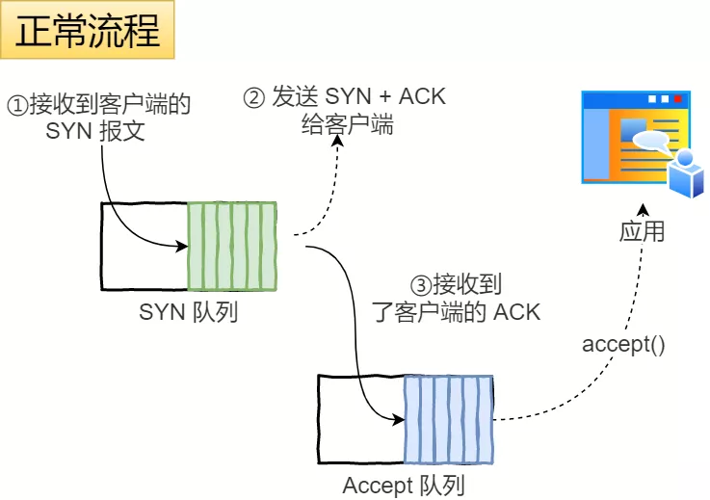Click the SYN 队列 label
coord(189,312)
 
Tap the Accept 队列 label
coord(404,486)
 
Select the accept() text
coord(623,344)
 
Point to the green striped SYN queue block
coord(232,247)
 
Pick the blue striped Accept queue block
coord(448,419)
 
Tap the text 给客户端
coord(342,125)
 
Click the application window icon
coord(636,137)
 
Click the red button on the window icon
coord(677,99)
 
